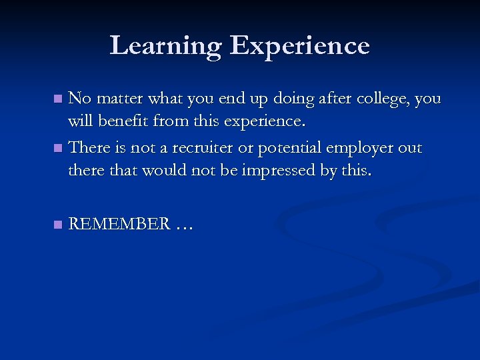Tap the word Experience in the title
tap(299, 46)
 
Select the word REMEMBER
tap(119, 225)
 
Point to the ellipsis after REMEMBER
tap(184, 227)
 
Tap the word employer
tap(373, 147)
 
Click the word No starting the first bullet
tap(80, 99)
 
